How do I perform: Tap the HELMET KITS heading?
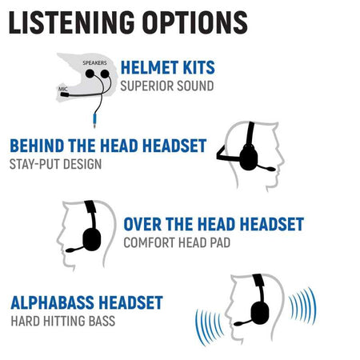pos(168,67)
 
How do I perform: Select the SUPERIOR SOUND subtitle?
pos(167,86)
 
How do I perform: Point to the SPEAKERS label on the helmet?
pos(94,63)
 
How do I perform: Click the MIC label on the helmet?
pos(63,89)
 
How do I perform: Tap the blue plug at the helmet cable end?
pos(94,120)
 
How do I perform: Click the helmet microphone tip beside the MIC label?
pos(65,94)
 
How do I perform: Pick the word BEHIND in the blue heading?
pos(37,146)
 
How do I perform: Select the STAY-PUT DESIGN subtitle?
pos(55,164)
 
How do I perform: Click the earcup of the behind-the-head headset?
pos(249,158)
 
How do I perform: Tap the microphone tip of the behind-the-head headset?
pos(270,169)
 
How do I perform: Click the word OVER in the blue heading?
pos(142,224)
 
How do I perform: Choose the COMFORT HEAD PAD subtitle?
pos(177,242)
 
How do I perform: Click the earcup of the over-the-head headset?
pos(92,239)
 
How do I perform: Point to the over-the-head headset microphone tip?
pos(70,250)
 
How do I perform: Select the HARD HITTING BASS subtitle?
pos(63,321)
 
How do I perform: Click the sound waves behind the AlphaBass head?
pos(303,306)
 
